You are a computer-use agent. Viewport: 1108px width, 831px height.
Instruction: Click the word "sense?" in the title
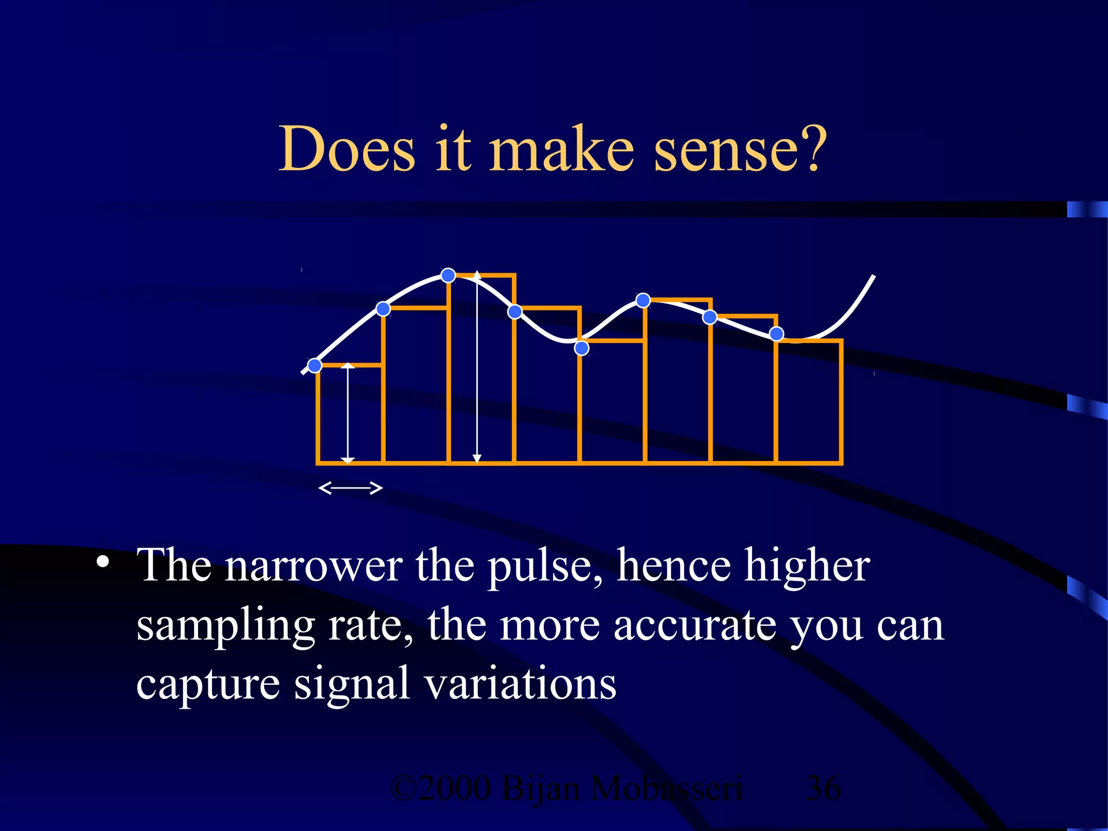(x=740, y=149)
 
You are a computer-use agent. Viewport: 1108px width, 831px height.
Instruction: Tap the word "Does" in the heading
(x=347, y=149)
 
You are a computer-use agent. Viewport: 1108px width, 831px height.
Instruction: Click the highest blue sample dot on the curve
(x=448, y=275)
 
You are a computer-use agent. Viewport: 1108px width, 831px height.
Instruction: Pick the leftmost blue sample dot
(x=314, y=366)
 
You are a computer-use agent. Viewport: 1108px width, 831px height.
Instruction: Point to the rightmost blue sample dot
(x=776, y=334)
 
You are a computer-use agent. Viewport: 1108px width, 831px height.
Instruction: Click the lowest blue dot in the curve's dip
(x=582, y=348)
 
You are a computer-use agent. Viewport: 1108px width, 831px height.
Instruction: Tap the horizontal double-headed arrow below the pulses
(x=351, y=488)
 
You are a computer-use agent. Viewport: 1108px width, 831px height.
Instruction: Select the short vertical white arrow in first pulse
(x=348, y=413)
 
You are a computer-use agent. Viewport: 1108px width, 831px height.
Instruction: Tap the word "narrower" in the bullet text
(x=314, y=566)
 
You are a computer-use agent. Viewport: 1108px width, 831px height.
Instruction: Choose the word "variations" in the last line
(x=520, y=684)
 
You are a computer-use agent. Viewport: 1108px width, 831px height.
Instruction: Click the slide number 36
(x=823, y=788)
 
